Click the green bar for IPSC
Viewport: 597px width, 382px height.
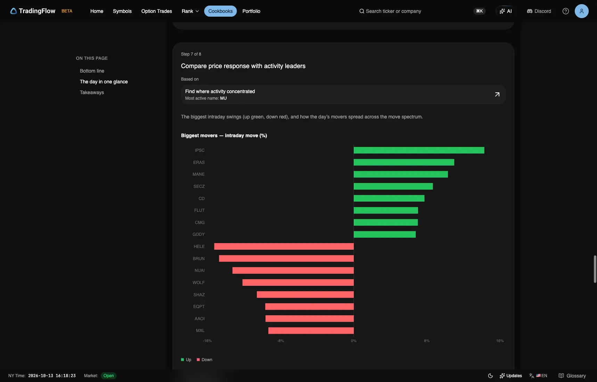[419, 150]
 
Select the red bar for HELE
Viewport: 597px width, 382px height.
[284, 247]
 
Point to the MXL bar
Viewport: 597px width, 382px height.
[311, 331]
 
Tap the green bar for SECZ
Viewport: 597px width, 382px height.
[393, 186]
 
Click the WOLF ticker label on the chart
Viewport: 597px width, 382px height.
[198, 283]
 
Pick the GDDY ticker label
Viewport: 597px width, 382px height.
[198, 234]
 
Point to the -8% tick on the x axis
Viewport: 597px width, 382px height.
[280, 341]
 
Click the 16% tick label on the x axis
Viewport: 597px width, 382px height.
[500, 341]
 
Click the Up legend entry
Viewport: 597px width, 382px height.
[186, 360]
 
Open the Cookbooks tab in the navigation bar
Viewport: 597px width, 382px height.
[220, 11]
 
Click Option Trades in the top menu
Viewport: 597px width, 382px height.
[157, 11]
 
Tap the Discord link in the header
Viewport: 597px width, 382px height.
[539, 11]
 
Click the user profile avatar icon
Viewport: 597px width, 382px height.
[581, 11]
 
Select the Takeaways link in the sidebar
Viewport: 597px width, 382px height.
[92, 92]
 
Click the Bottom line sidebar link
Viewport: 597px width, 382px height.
[92, 71]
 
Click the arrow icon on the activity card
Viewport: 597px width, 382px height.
[497, 94]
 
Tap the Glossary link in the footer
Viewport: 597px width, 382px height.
[572, 376]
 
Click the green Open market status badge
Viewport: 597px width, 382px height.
[108, 376]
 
